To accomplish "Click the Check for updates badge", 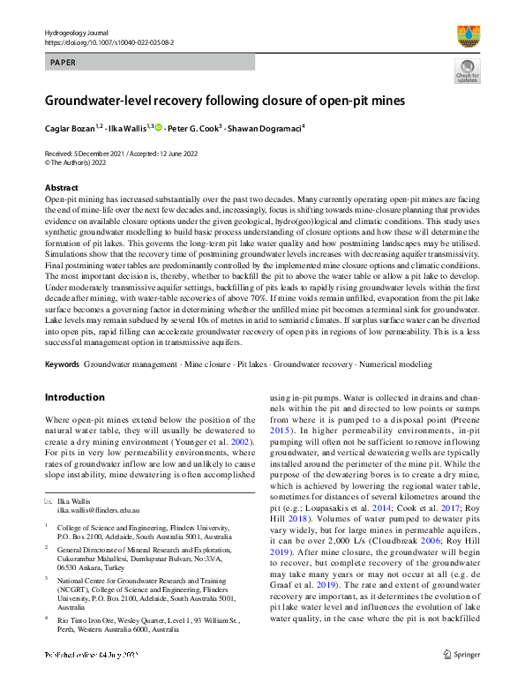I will (468, 72).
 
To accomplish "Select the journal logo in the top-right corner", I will (468, 35).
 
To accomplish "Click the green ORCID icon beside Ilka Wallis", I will (158, 128).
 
